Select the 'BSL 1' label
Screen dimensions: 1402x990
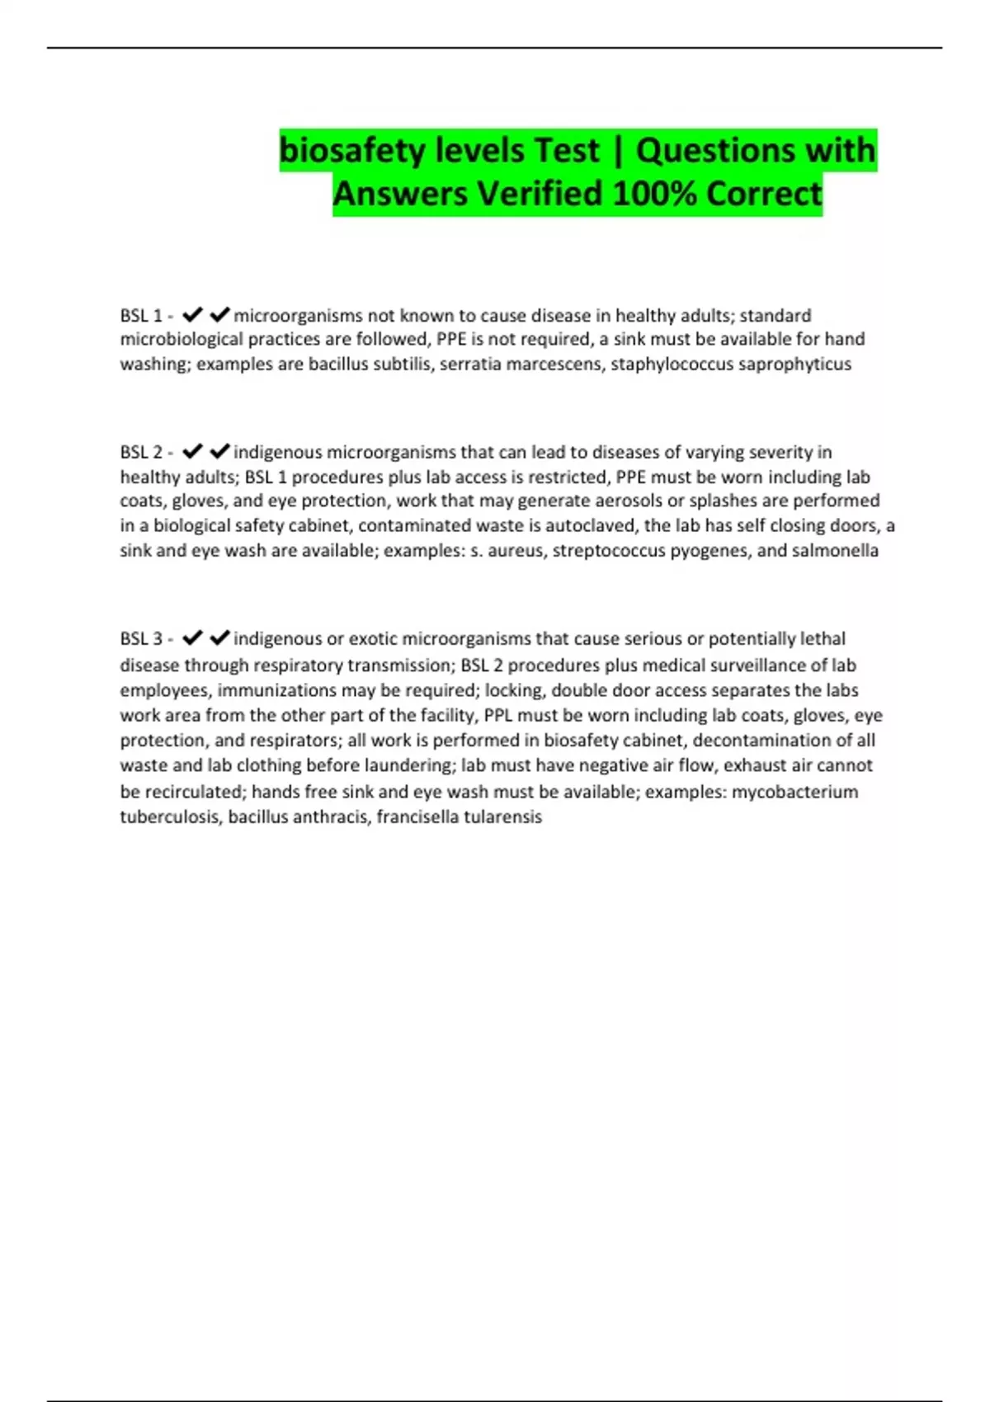click(x=141, y=316)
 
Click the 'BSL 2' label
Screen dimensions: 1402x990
click(x=141, y=453)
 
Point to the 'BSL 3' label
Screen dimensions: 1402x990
click(x=141, y=639)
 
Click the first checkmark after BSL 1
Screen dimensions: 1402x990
click(x=192, y=315)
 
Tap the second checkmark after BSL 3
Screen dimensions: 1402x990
click(x=219, y=638)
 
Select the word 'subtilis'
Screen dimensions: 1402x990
click(x=403, y=365)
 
